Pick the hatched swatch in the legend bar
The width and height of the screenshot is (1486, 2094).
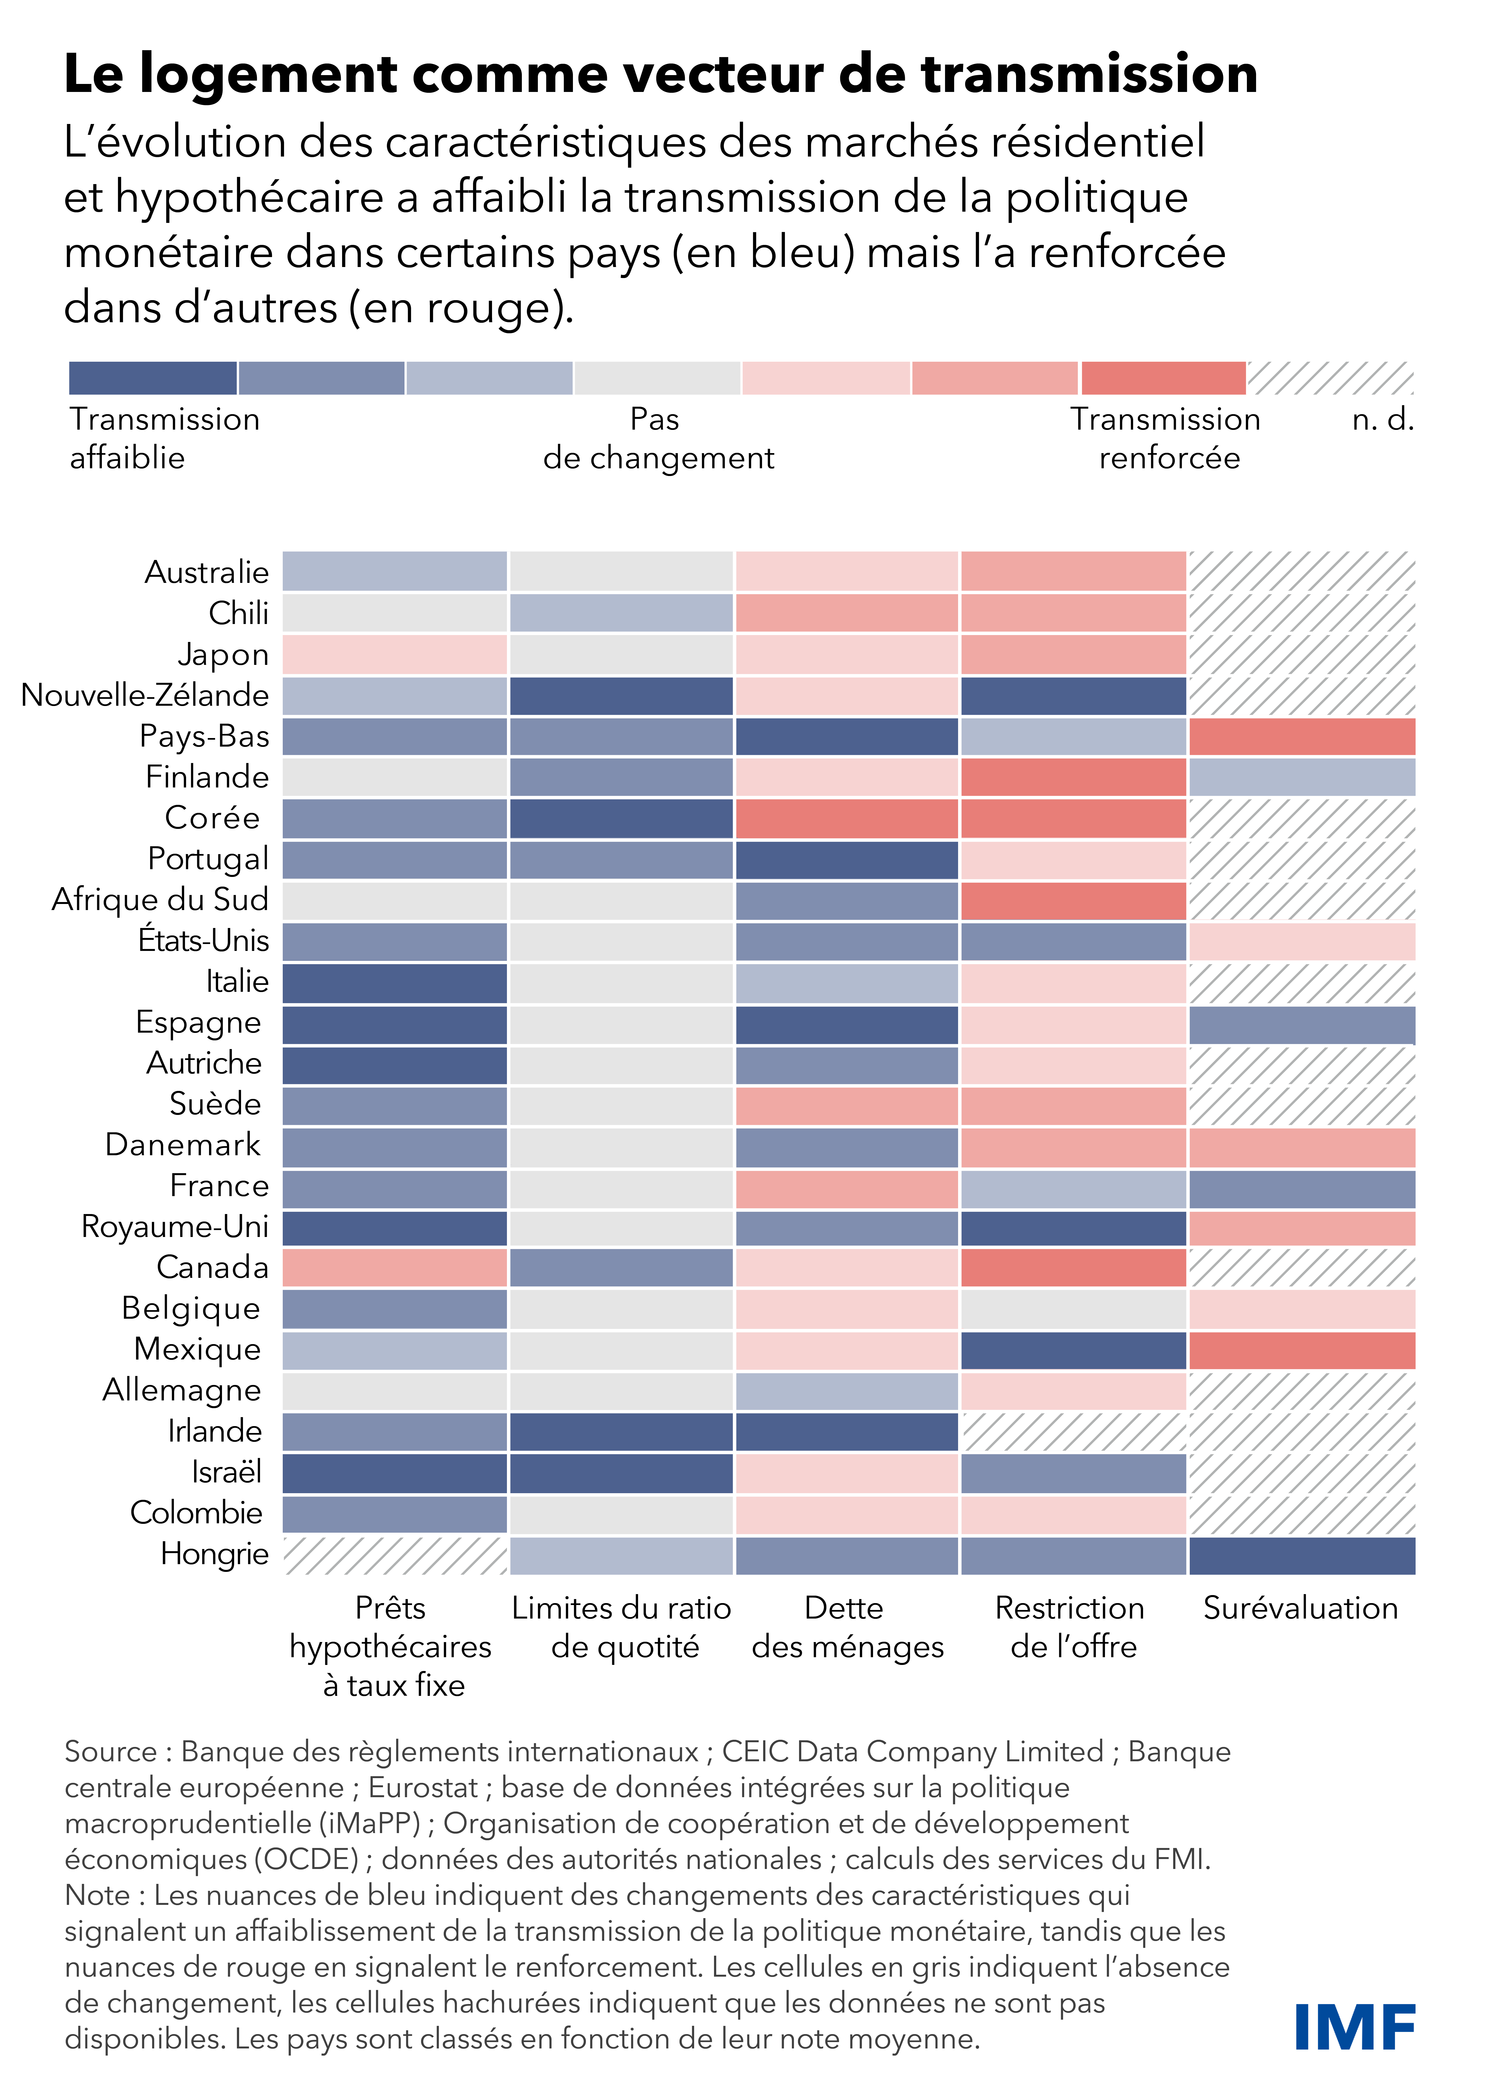click(x=1331, y=378)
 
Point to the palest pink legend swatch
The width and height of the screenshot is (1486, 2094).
click(x=826, y=378)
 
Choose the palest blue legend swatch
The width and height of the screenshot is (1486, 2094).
click(x=489, y=378)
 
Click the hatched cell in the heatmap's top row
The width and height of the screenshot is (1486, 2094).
click(x=1301, y=572)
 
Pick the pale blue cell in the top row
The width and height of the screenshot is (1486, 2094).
click(x=394, y=572)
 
